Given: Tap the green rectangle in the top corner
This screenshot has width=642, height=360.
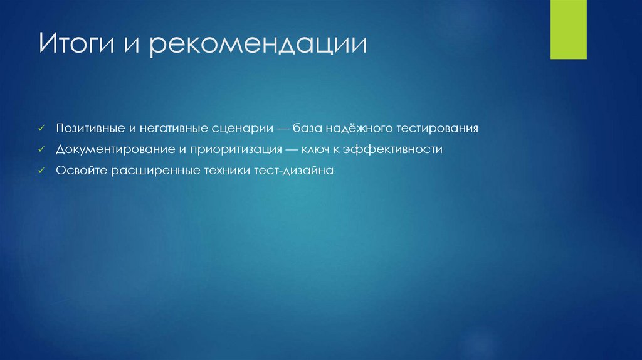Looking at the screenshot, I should (568, 29).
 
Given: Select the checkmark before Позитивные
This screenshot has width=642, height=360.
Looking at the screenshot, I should (41, 129).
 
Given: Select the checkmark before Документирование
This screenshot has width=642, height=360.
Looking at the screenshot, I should (41, 150).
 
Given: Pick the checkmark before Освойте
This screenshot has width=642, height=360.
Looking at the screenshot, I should (41, 171).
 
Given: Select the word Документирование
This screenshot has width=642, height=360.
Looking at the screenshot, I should (110, 150).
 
